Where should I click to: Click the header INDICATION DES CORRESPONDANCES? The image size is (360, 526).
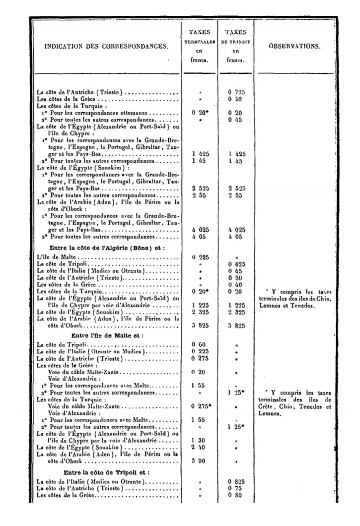pos(106,47)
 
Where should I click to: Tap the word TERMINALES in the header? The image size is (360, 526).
pos(199,43)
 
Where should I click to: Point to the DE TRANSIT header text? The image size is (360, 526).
pos(235,43)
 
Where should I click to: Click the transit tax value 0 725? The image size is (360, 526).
pos(236,92)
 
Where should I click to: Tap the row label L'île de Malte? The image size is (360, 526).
pos(58,258)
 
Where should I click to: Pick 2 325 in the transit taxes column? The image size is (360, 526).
pos(236,313)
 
